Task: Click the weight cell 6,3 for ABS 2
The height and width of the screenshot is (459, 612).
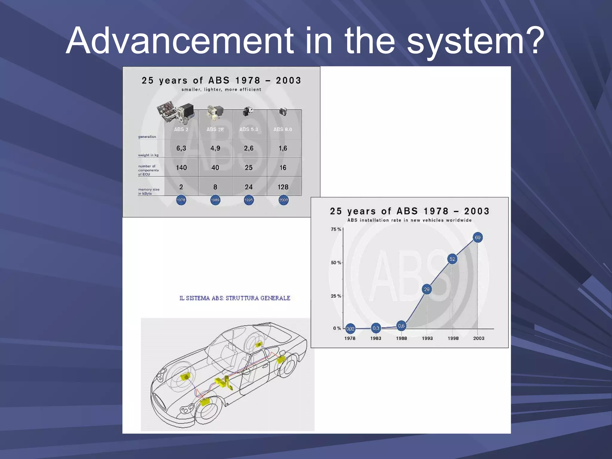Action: click(x=181, y=148)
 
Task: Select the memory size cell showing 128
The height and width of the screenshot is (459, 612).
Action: click(x=283, y=187)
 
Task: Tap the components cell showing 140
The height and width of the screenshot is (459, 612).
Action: click(x=181, y=168)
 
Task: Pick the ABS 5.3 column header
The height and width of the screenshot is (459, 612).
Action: click(x=249, y=129)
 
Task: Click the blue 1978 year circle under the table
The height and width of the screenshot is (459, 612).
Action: click(x=181, y=200)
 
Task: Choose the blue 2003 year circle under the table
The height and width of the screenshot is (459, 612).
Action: click(x=283, y=200)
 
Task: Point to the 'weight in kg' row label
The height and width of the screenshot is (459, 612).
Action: click(x=148, y=155)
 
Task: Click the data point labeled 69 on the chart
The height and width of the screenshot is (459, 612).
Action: click(x=478, y=238)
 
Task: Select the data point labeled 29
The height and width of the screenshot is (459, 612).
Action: click(x=427, y=289)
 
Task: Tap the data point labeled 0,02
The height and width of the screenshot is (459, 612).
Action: click(x=350, y=329)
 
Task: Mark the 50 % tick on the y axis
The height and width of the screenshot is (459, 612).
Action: click(x=336, y=263)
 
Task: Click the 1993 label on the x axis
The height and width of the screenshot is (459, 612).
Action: click(x=427, y=338)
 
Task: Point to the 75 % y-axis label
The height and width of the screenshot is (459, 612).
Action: click(x=336, y=229)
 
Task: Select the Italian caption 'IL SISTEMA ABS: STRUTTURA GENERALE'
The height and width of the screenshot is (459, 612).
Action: click(x=235, y=298)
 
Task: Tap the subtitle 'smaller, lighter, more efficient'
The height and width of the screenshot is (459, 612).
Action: click(x=221, y=89)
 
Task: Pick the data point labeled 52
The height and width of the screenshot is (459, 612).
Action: click(x=452, y=259)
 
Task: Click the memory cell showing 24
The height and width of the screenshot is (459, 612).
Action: click(x=249, y=187)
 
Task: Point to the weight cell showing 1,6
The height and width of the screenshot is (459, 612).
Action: click(x=283, y=148)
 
